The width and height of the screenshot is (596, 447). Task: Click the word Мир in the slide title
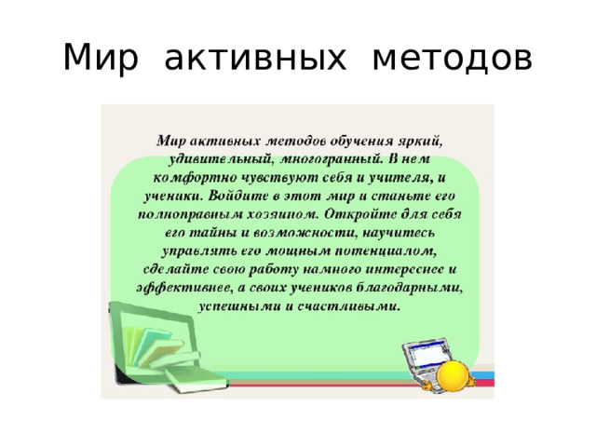tap(101, 58)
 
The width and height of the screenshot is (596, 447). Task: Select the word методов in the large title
tap(452, 58)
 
